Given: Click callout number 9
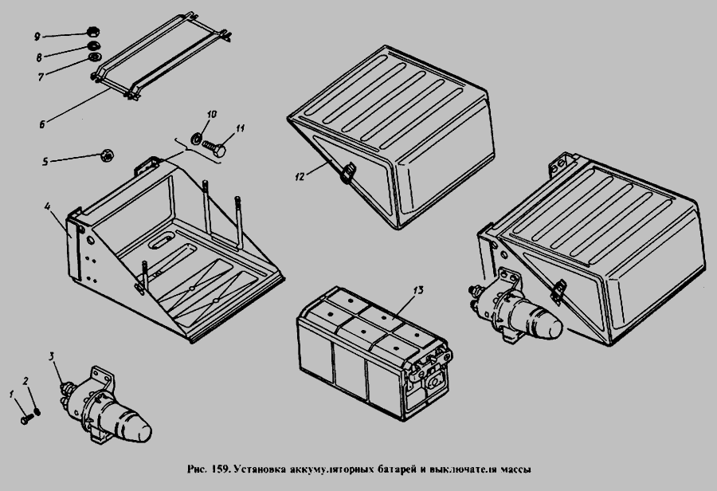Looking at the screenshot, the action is pos(37,37).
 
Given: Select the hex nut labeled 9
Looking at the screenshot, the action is pos(94,32).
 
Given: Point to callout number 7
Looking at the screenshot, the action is pos(41,77).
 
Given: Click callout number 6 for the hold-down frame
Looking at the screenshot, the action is pos(42,124).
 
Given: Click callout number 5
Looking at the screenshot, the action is pos(45,162).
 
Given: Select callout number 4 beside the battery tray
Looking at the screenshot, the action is pos(48,206).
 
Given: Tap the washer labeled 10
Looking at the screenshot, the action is pos(197,138).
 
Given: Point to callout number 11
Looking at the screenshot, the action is pos(241,128).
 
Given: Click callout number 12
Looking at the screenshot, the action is pos(300,177).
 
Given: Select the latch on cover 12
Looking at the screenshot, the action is pos(347,172).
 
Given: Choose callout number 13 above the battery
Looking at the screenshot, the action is pos(418,290).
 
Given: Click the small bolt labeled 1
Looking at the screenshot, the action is pos(27,418).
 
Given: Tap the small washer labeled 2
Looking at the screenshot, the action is pos(37,411).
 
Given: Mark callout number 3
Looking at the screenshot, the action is pos(52,356).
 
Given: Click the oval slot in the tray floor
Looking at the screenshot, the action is pos(162,239).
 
